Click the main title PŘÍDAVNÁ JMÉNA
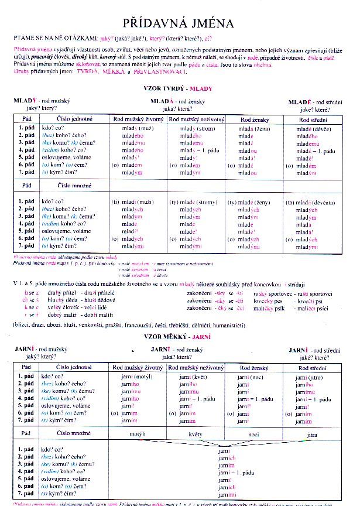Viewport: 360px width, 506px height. click(179, 23)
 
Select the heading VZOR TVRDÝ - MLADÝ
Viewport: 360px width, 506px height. click(177, 88)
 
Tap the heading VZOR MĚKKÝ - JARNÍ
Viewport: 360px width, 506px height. click(177, 337)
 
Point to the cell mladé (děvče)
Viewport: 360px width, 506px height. click(316, 128)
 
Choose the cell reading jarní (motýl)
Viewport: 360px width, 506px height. click(137, 377)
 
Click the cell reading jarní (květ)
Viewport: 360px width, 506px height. click(193, 377)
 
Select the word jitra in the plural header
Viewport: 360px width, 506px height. click(311, 434)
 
